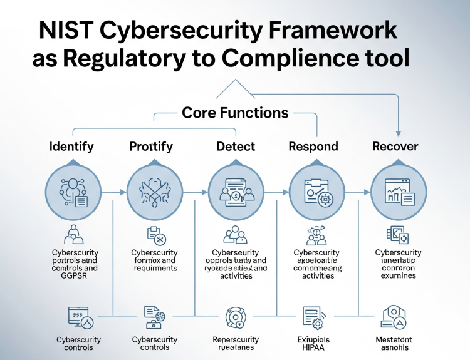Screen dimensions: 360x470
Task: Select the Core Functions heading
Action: coord(235,113)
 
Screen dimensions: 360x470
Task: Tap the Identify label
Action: coord(71,147)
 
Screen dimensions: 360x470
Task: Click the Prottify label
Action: coord(150,147)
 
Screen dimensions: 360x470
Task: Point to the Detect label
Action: coord(236,147)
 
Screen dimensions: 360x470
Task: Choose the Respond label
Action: coord(313,147)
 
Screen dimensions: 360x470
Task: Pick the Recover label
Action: coord(395,147)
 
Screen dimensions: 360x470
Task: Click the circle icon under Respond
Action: coord(316,192)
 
